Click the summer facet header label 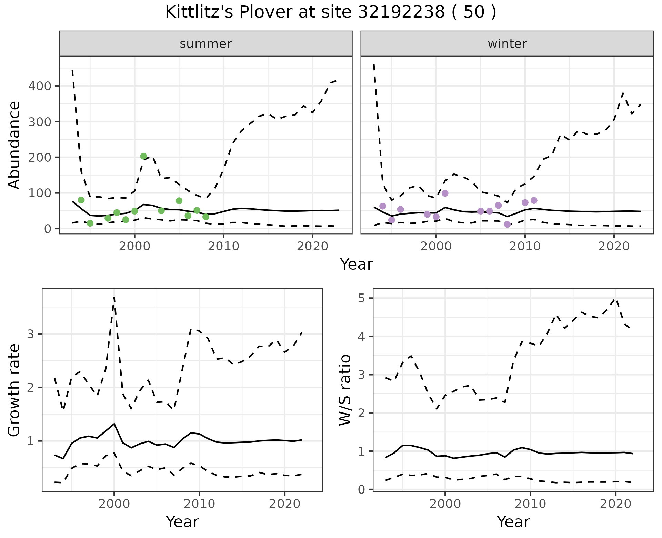(x=206, y=44)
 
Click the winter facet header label (x=507, y=44)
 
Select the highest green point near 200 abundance (x=143, y=156)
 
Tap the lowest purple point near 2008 (x=507, y=224)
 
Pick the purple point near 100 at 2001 (x=445, y=193)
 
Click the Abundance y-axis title (x=14, y=145)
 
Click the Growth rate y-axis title (x=14, y=390)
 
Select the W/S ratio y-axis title (x=345, y=390)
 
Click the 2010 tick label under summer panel (x=223, y=247)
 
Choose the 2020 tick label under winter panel (x=614, y=247)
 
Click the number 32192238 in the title (x=401, y=12)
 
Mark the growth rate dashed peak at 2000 (x=114, y=297)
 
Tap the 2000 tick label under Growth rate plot (x=114, y=504)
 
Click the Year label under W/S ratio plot (x=513, y=522)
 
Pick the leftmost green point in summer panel (x=81, y=200)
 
